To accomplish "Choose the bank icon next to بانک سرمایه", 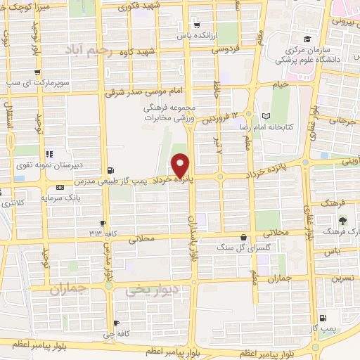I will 60,187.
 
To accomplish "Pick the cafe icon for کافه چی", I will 117,324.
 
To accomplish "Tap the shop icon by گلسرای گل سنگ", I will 243,238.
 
